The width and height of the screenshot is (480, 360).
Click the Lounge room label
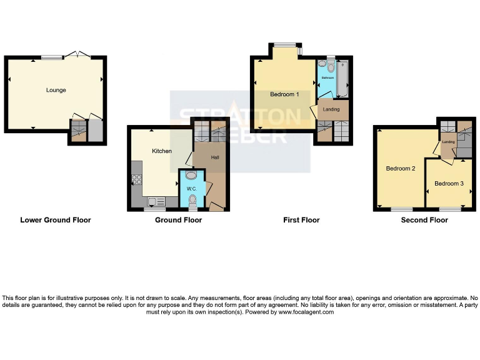click(56, 90)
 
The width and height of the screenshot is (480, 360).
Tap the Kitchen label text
click(162, 151)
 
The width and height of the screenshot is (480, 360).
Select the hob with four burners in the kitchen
click(136, 180)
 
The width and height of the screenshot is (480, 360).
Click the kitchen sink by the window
click(156, 202)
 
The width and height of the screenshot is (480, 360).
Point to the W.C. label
click(192, 188)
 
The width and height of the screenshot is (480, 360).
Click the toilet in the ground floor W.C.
click(192, 200)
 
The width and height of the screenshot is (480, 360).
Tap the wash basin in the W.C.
click(191, 176)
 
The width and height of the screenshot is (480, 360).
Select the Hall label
click(214, 157)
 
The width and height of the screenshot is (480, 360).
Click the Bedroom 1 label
click(284, 94)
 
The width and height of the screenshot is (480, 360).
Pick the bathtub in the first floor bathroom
click(342, 80)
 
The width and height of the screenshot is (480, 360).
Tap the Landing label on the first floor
click(331, 109)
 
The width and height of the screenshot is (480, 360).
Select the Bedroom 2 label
click(401, 169)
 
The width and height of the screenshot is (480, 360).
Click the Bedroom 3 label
click(449, 184)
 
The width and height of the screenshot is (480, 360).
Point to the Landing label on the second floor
click(448, 142)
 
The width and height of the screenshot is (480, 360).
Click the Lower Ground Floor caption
click(56, 220)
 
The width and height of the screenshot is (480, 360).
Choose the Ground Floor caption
click(178, 220)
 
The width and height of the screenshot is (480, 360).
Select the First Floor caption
click(301, 220)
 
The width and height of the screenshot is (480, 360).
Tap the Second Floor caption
click(424, 220)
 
